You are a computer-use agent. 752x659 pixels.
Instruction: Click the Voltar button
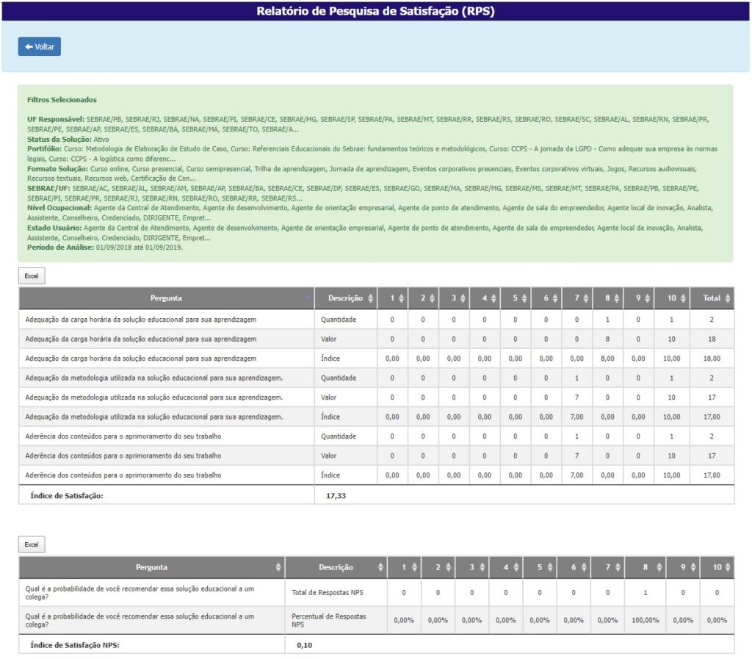point(40,46)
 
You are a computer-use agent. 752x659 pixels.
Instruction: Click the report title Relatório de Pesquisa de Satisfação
point(375,11)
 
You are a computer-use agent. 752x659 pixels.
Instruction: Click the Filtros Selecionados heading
point(62,99)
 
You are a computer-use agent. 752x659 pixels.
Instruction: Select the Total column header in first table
point(711,298)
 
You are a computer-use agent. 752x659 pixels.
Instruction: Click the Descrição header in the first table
point(345,298)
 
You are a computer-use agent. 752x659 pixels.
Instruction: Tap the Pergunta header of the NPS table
point(151,567)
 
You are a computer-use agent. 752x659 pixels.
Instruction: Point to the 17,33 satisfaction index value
point(336,496)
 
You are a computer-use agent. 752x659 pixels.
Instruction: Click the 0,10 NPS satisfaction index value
point(304,645)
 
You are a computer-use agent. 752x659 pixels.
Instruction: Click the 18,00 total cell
point(712,359)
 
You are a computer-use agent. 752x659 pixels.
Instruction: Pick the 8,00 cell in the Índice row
point(607,359)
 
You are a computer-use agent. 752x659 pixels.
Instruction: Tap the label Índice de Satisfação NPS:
point(74,645)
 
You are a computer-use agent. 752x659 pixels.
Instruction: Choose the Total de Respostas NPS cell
point(328,591)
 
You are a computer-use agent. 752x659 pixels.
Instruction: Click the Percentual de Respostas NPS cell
point(328,620)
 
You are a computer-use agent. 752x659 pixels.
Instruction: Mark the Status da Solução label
point(59,139)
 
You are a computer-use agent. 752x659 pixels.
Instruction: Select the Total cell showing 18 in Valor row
point(712,339)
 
